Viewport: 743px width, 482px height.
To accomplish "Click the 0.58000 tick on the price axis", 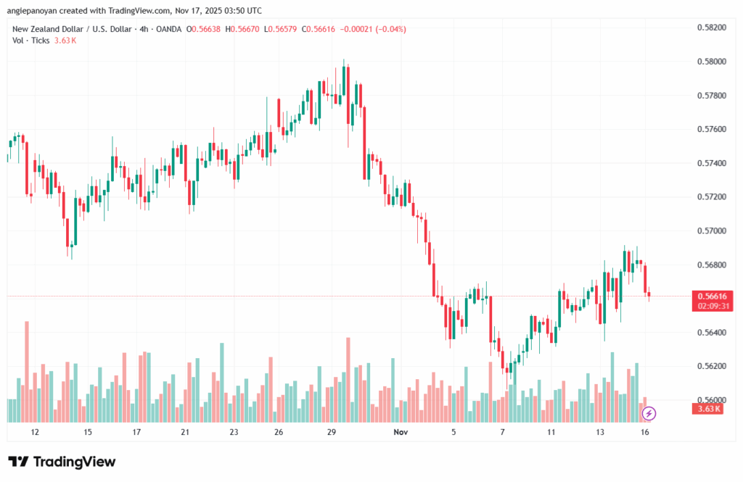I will pyautogui.click(x=710, y=61).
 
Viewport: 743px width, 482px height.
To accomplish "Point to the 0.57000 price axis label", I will pyautogui.click(x=710, y=230).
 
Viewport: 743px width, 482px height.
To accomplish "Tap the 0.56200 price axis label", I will pyautogui.click(x=710, y=366).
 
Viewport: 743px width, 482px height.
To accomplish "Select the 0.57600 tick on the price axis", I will pyautogui.click(x=710, y=129).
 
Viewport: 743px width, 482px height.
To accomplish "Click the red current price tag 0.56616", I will pyautogui.click(x=711, y=296).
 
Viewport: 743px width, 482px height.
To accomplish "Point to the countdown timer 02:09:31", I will pyautogui.click(x=711, y=306).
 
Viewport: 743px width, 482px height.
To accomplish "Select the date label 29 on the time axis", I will pyautogui.click(x=331, y=432).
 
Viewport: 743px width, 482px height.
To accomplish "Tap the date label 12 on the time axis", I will pyautogui.click(x=35, y=432).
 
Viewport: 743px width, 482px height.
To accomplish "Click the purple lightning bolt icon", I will pyautogui.click(x=649, y=414).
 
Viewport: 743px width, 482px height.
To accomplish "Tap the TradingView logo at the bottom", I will pyautogui.click(x=62, y=462).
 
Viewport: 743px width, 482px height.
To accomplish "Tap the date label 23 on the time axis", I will pyautogui.click(x=234, y=432).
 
